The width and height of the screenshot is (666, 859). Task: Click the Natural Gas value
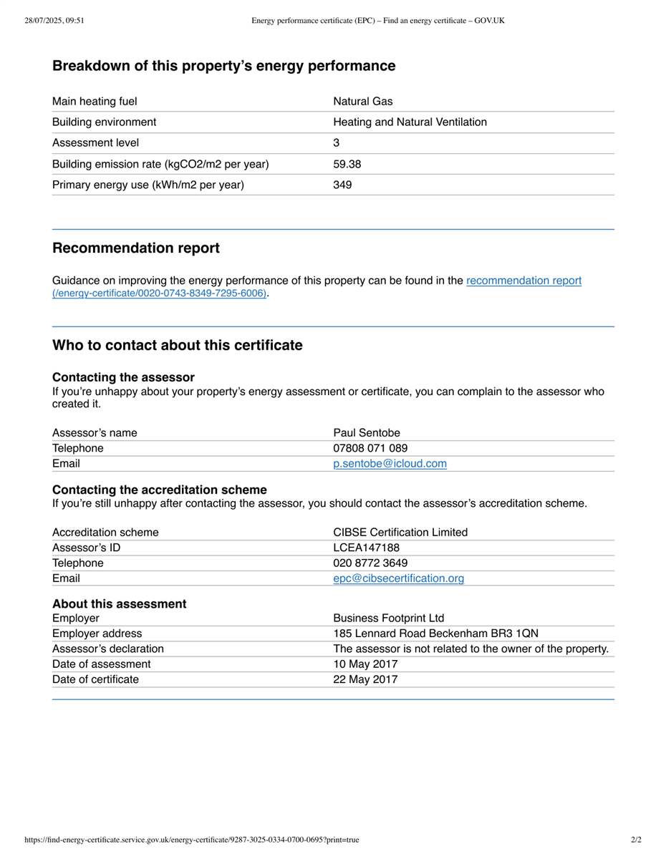pos(363,102)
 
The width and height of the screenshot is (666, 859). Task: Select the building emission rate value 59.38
pos(347,164)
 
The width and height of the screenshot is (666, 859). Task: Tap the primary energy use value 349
pos(342,185)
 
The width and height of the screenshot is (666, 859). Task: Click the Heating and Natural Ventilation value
pos(410,122)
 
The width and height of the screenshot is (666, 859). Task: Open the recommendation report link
pos(523,281)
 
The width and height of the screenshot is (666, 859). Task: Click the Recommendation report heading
pos(136,248)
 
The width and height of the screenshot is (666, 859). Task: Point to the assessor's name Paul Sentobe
pos(367,432)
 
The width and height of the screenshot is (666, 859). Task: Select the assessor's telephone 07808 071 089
pos(370,448)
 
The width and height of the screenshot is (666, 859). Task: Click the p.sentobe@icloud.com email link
pos(390,464)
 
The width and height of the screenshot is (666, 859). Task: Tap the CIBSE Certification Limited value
pos(400,532)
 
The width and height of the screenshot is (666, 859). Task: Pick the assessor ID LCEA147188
pos(366,548)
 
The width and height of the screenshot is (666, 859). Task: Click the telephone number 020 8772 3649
pos(370,563)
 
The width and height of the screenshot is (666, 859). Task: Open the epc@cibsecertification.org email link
pos(398,578)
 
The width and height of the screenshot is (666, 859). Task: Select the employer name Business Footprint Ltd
pos(388,618)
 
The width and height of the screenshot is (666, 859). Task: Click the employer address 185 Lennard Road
pos(435,634)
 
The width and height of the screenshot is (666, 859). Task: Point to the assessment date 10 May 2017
pos(365,664)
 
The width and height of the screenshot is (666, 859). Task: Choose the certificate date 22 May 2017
pos(365,679)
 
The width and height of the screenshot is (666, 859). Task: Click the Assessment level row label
pos(96,143)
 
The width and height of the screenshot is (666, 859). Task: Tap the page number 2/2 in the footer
pos(636,840)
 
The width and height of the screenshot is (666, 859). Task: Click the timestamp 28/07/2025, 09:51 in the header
pos(54,21)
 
